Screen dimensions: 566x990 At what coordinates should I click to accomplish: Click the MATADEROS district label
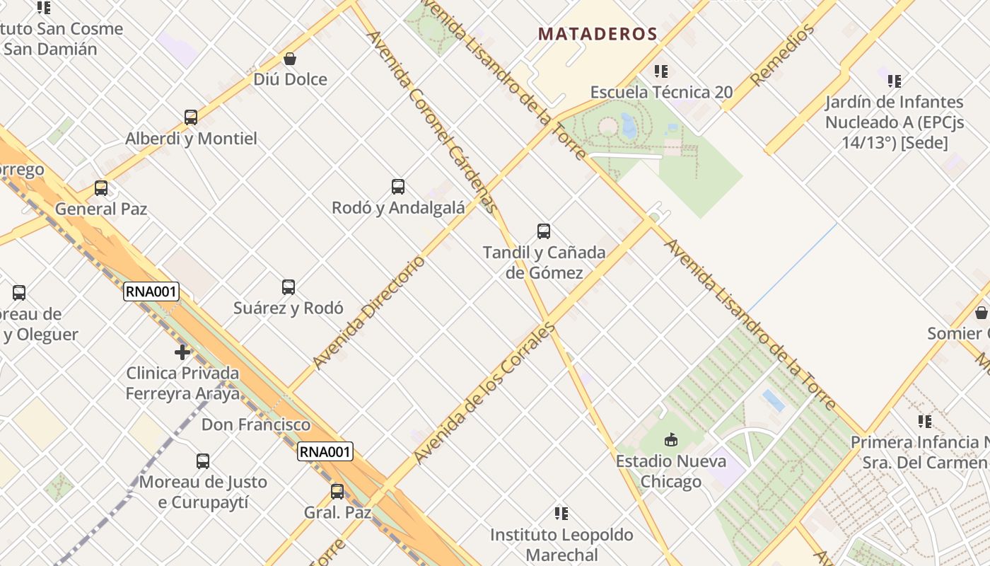pyautogui.click(x=598, y=34)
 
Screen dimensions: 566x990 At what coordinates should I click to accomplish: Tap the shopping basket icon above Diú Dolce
pyautogui.click(x=290, y=59)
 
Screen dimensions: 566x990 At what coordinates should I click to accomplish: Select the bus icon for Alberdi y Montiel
pyautogui.click(x=191, y=117)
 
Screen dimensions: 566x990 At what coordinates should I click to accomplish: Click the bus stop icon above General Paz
pyautogui.click(x=101, y=188)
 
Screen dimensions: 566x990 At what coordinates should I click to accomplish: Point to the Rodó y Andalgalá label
pyautogui.click(x=398, y=208)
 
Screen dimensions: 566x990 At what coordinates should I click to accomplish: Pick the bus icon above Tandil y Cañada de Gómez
pyautogui.click(x=544, y=231)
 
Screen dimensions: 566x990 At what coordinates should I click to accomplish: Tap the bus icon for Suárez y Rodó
pyautogui.click(x=289, y=287)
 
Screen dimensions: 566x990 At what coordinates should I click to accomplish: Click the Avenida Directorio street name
pyautogui.click(x=369, y=312)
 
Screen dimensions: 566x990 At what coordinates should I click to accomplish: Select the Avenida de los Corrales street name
pyautogui.click(x=485, y=393)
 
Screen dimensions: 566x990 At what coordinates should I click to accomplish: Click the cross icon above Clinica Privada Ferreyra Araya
pyautogui.click(x=182, y=352)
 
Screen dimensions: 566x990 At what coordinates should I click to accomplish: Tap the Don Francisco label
pyautogui.click(x=256, y=424)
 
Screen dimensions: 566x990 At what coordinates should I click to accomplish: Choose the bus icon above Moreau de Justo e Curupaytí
pyautogui.click(x=203, y=461)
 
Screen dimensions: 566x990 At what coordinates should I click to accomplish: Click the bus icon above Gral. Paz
pyautogui.click(x=337, y=492)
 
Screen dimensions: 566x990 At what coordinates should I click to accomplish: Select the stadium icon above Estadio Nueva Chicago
pyautogui.click(x=670, y=440)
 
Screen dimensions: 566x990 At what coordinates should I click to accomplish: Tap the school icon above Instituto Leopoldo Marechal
pyautogui.click(x=561, y=514)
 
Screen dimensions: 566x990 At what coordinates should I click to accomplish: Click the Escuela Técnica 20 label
pyautogui.click(x=661, y=92)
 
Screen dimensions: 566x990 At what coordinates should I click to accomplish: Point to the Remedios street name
pyautogui.click(x=782, y=54)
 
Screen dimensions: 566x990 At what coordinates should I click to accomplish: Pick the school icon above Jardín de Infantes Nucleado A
pyautogui.click(x=895, y=81)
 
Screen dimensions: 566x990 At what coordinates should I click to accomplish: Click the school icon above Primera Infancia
pyautogui.click(x=925, y=422)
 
